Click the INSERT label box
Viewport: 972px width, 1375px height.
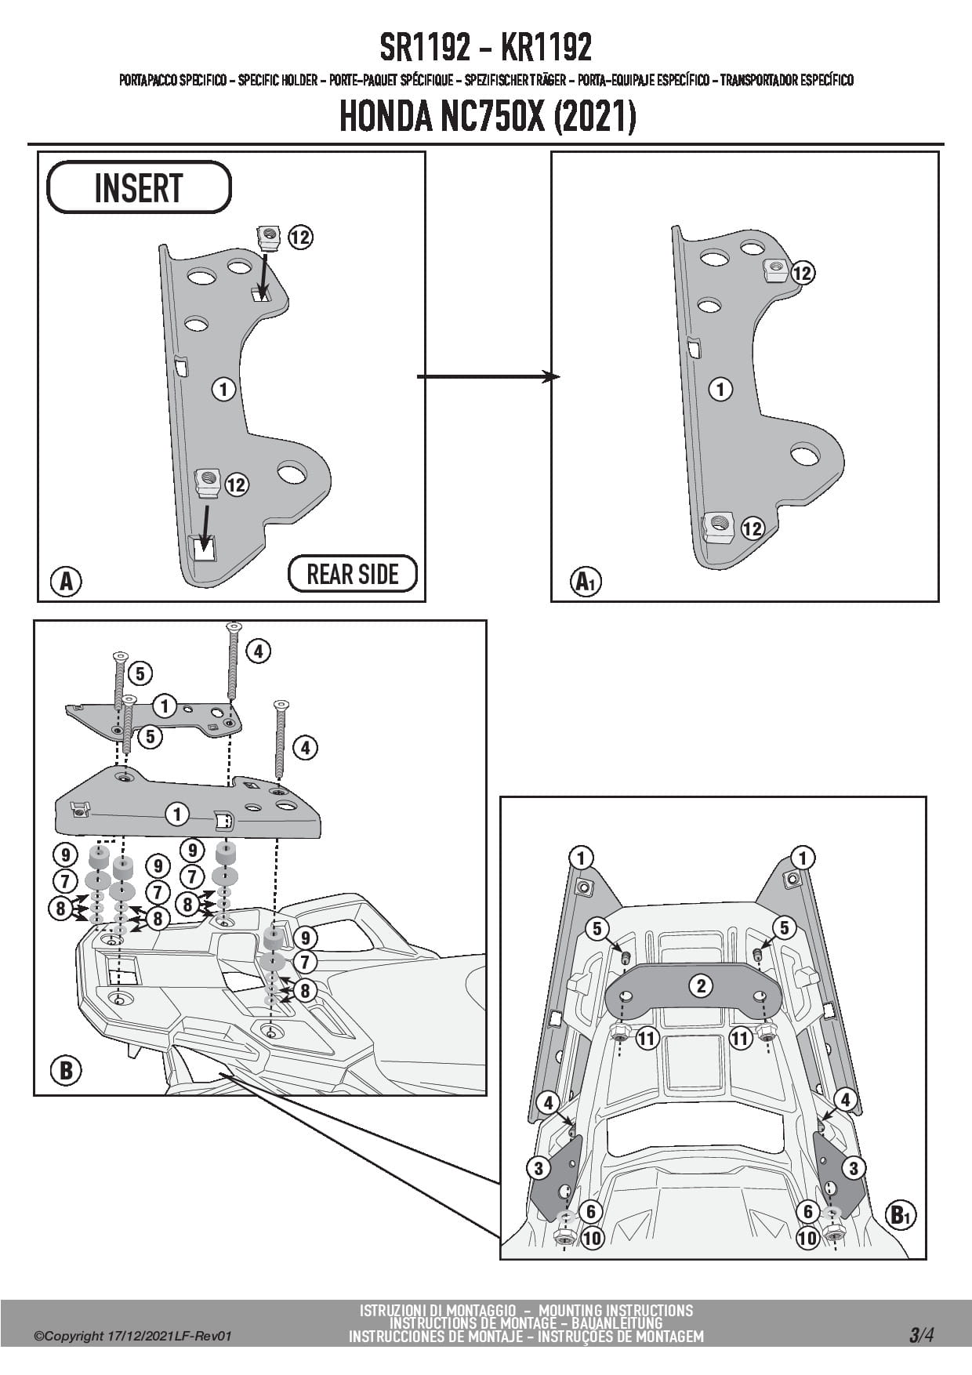click(x=139, y=188)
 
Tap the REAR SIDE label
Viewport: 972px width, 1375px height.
click(x=353, y=574)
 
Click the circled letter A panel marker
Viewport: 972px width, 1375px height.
click(x=66, y=581)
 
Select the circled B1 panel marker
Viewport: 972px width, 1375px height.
click(x=900, y=1215)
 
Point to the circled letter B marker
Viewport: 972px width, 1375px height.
click(x=66, y=1070)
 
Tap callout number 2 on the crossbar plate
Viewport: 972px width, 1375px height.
click(x=701, y=985)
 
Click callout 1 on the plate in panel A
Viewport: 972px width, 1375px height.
click(x=223, y=389)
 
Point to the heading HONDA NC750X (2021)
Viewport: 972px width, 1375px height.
click(x=486, y=117)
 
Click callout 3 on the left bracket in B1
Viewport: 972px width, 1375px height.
click(x=538, y=1168)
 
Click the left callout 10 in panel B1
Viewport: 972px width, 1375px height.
click(x=592, y=1239)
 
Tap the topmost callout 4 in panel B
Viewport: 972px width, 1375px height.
click(x=258, y=650)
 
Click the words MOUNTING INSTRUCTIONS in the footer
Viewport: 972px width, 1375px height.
click(x=616, y=1310)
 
